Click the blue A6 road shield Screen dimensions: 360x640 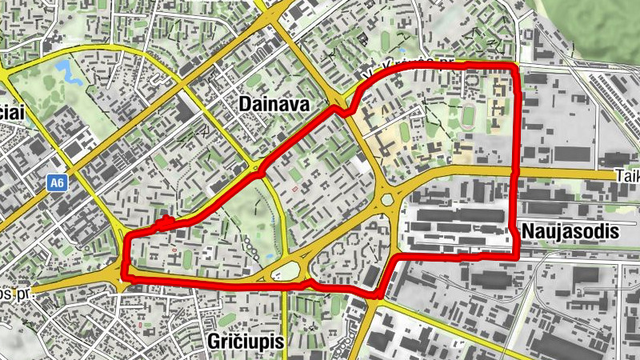[x=55, y=183]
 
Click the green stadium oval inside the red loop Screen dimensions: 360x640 [x=467, y=118]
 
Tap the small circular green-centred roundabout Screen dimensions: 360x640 [x=389, y=199]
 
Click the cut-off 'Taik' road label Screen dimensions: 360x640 [x=627, y=175]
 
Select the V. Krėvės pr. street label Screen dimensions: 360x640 [x=408, y=69]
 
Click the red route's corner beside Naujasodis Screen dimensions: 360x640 [x=517, y=258]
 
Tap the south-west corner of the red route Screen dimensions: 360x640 [x=123, y=277]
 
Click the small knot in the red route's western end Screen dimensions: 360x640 [x=165, y=222]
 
